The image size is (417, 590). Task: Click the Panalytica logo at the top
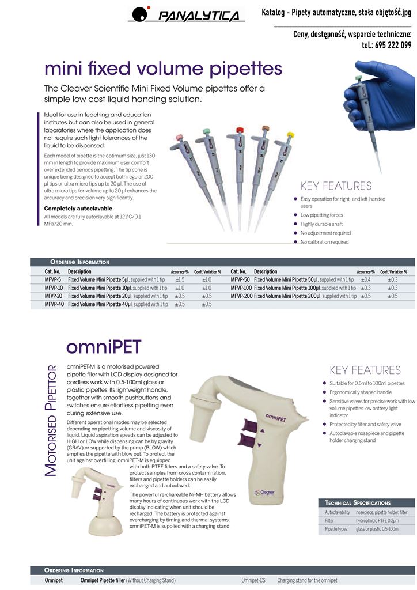point(186,14)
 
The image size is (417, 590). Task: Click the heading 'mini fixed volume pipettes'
point(163,69)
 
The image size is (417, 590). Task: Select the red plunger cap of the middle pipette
point(240,130)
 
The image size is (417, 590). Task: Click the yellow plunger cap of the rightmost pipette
point(290,134)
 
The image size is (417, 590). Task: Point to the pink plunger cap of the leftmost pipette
point(179,137)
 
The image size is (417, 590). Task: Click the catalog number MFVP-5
point(52,280)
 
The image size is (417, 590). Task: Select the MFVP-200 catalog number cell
point(241,296)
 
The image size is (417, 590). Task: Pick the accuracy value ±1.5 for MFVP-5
point(180,280)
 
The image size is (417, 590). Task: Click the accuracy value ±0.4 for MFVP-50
point(366,280)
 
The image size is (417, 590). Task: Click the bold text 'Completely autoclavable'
point(78,209)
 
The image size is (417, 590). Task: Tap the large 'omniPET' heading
point(104,347)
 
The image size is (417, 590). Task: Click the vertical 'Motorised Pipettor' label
point(51,421)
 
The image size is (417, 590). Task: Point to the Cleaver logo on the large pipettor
point(264,492)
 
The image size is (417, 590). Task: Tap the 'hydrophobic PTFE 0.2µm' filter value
point(377,521)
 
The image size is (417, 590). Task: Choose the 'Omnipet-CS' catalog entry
point(253,581)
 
